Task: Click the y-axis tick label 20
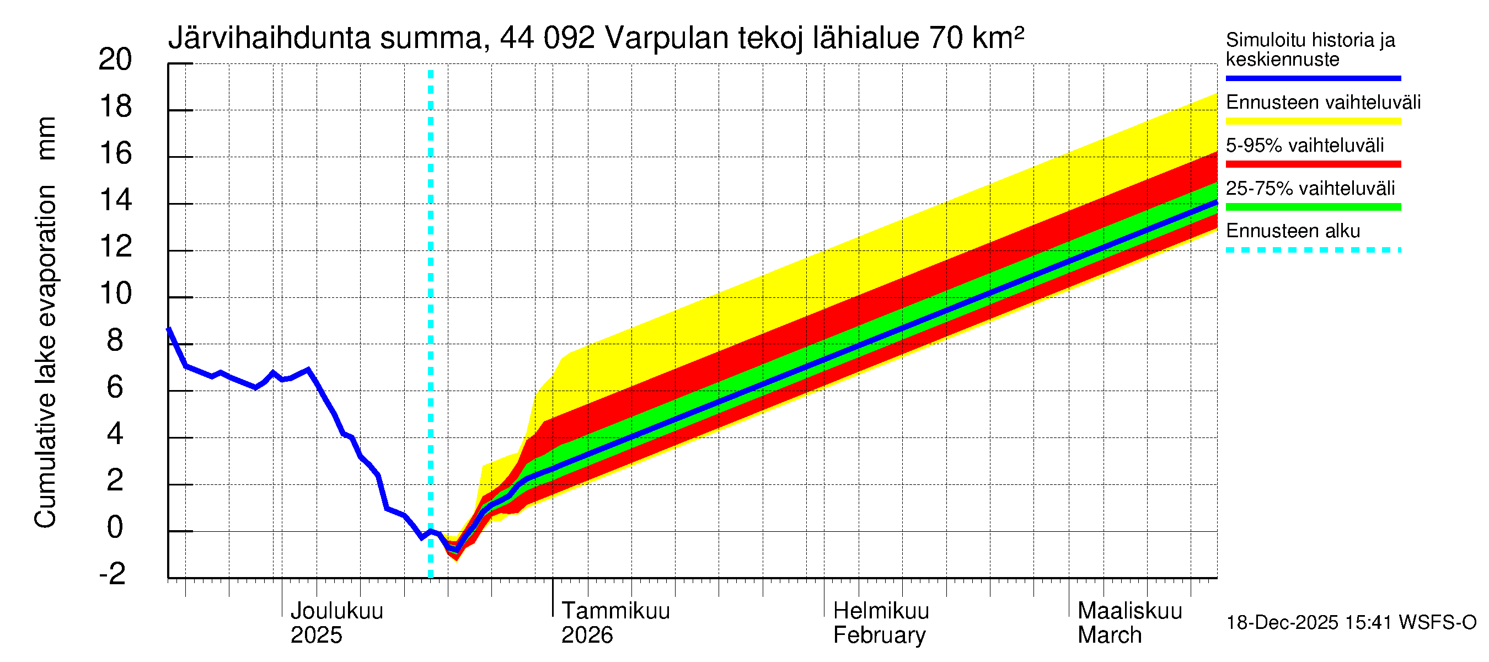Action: click(116, 60)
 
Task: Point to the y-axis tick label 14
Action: click(116, 200)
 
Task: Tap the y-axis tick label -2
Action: click(113, 574)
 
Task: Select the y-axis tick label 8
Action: click(116, 340)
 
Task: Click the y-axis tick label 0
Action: click(116, 527)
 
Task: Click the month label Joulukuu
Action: click(336, 611)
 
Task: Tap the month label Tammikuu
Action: click(615, 611)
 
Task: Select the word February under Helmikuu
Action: click(879, 636)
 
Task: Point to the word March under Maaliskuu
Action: click(1109, 636)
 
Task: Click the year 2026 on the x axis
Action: click(587, 636)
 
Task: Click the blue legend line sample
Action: click(1313, 78)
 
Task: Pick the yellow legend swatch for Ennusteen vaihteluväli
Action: click(1313, 121)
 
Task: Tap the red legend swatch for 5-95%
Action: click(1313, 164)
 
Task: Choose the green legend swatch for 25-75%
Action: click(1313, 207)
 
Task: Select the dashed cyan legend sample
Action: click(1313, 250)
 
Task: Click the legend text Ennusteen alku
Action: click(1293, 231)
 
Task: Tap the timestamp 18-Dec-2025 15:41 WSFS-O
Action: click(1351, 623)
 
